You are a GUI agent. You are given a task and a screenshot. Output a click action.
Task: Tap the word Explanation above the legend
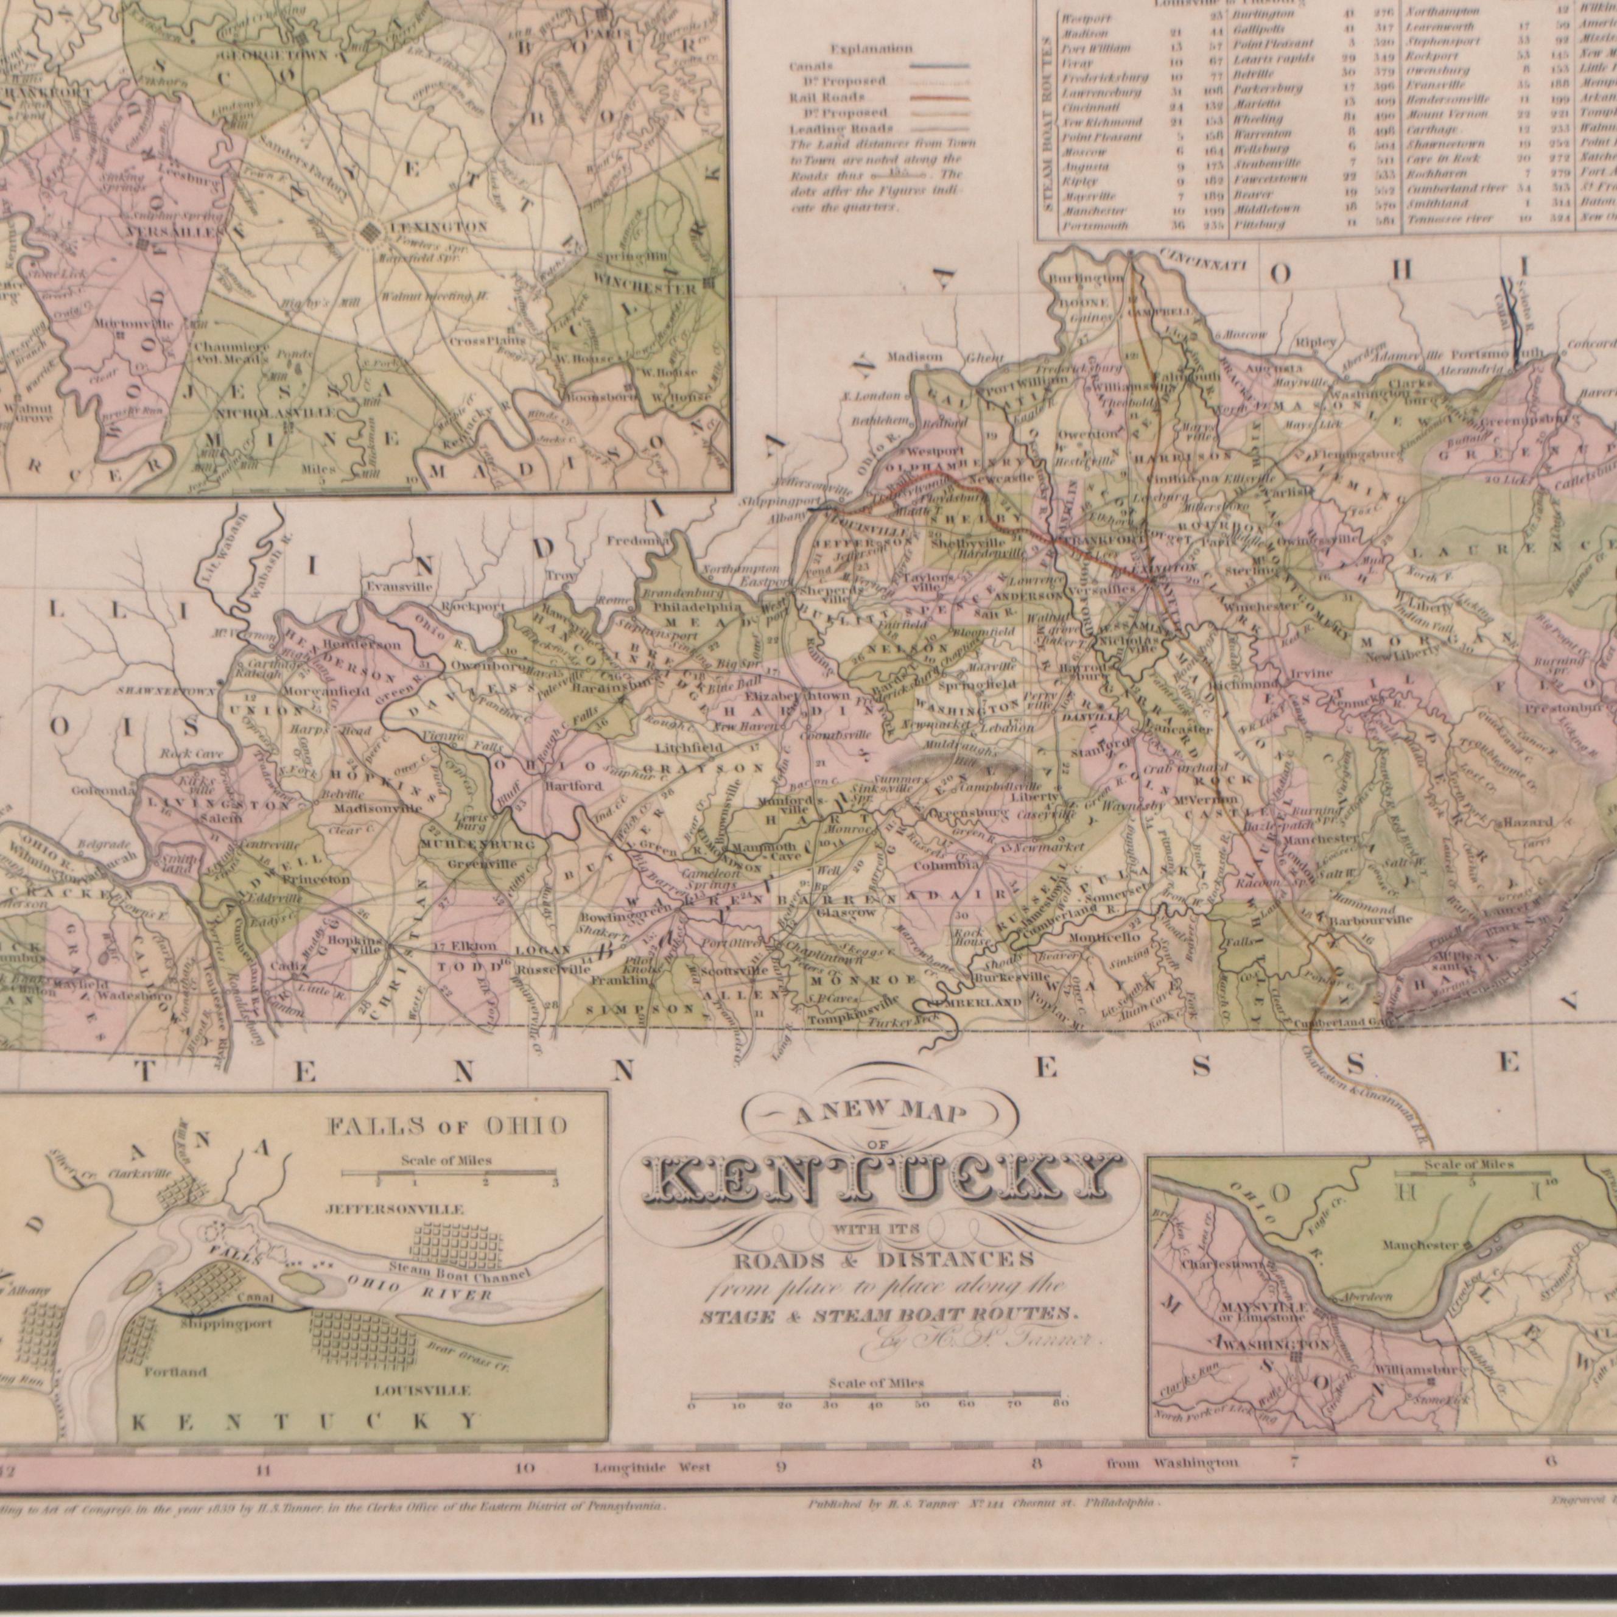(873, 49)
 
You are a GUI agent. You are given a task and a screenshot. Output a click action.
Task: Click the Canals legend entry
(811, 65)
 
